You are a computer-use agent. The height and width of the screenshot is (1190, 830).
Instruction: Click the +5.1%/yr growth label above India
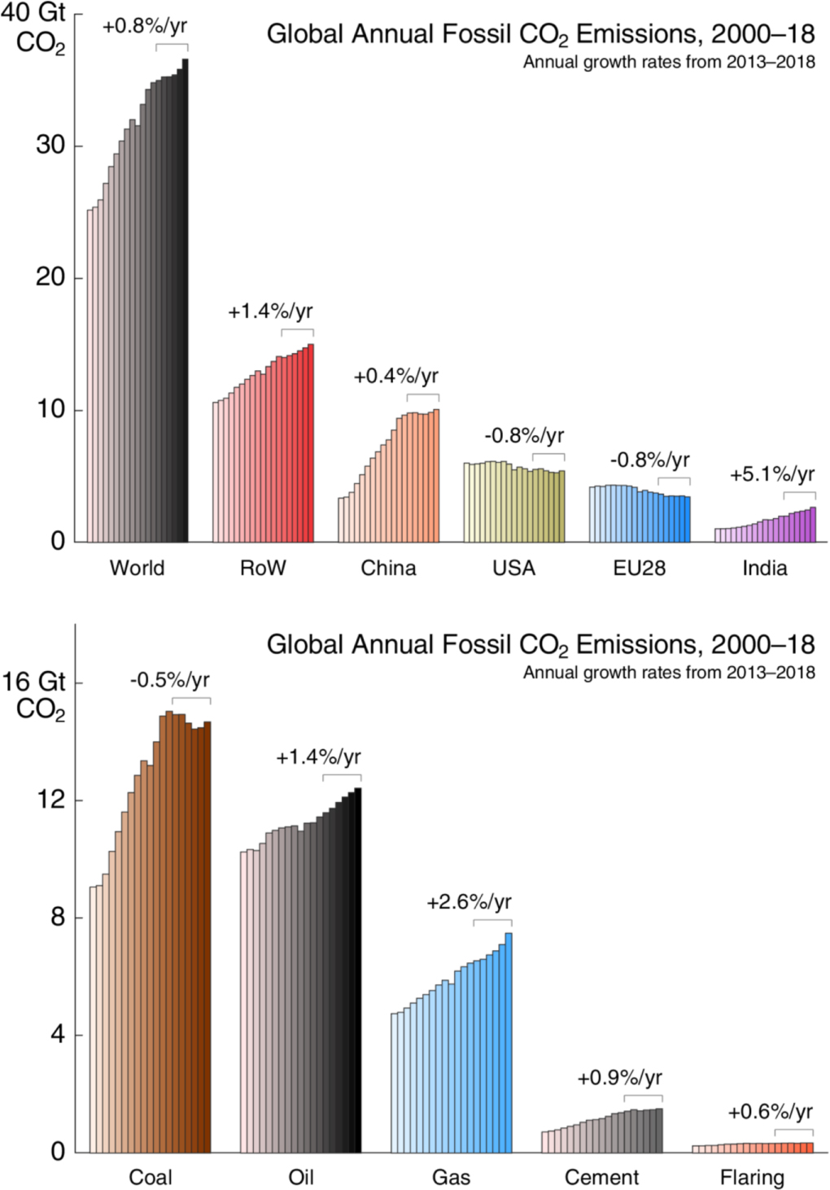click(771, 474)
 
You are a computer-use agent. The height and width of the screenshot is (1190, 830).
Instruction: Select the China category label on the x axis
click(388, 568)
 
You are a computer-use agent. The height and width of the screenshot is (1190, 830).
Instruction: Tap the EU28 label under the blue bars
click(639, 568)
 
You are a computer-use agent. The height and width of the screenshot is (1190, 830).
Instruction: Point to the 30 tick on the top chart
click(50, 146)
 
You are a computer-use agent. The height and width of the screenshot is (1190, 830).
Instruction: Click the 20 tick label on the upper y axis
click(50, 277)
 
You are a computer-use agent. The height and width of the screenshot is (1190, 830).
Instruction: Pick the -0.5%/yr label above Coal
click(169, 680)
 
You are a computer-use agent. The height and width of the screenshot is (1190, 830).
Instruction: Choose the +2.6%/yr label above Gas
click(469, 902)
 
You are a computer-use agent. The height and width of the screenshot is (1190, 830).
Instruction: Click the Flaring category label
click(752, 1177)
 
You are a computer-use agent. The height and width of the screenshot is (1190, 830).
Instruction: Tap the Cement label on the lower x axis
click(601, 1177)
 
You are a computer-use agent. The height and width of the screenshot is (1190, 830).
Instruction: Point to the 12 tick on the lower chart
click(50, 800)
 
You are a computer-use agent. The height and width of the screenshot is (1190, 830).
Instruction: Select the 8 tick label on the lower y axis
click(57, 917)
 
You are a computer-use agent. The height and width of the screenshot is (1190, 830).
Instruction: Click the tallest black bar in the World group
click(186, 301)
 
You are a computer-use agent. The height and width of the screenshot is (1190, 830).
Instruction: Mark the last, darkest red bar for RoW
click(311, 443)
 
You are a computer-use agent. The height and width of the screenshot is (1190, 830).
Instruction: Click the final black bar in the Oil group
click(358, 970)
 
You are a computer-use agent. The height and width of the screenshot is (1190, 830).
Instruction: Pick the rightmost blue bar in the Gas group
click(509, 1043)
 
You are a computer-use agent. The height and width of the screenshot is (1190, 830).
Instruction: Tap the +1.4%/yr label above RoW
click(270, 312)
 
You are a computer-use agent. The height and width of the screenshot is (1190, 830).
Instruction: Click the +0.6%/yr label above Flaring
click(770, 1112)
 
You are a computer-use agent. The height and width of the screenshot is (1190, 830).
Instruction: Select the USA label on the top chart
click(513, 568)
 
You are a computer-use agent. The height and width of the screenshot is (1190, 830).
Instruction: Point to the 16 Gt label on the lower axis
click(33, 682)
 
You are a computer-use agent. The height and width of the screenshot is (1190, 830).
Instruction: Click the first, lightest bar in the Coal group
click(92, 1019)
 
